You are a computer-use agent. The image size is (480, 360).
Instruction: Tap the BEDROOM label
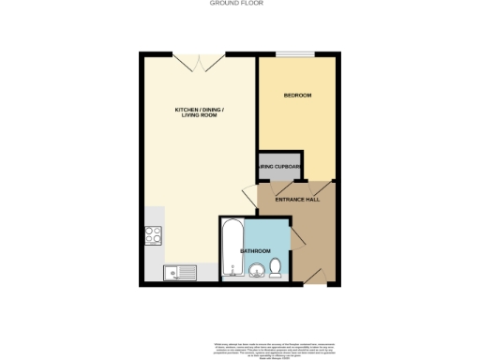pos(297,96)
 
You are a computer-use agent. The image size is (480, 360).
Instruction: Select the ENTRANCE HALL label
pos(297,200)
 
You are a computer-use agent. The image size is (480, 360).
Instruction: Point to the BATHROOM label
pos(255,250)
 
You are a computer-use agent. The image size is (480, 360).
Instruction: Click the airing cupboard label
pos(279,167)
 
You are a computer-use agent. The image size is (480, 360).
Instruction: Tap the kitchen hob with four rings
pos(153,237)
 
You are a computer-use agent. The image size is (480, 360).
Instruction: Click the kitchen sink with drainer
pos(179,273)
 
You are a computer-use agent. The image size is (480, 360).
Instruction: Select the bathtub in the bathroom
pos(231,249)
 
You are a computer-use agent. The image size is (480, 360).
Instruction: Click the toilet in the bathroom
pos(276,269)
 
